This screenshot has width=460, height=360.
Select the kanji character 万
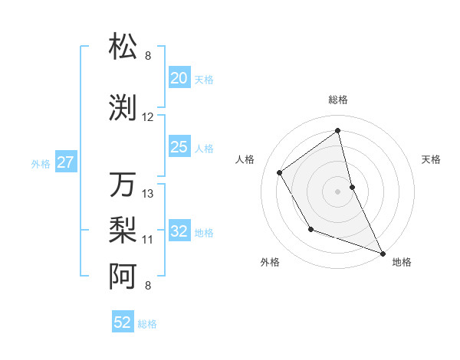[x=123, y=185]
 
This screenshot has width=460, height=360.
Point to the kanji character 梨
[x=123, y=229]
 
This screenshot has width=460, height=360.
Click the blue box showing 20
[x=179, y=78]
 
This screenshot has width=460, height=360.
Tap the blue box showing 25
[x=179, y=147]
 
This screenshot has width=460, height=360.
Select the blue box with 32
[x=179, y=231]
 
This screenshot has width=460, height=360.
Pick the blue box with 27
[x=65, y=162]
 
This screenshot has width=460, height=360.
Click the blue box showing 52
[x=123, y=322]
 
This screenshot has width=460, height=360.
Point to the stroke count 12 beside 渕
[x=148, y=117]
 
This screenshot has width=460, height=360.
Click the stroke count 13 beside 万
[x=148, y=194]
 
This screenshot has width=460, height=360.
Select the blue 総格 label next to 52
[x=147, y=324]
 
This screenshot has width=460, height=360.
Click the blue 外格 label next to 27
[x=41, y=163]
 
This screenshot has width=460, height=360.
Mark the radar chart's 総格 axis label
[x=338, y=100]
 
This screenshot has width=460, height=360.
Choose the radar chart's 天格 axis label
[x=432, y=159]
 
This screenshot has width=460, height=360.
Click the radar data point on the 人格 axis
[x=280, y=172]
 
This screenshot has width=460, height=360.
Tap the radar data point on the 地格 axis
[x=383, y=253]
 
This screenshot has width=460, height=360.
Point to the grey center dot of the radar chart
[x=338, y=191]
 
